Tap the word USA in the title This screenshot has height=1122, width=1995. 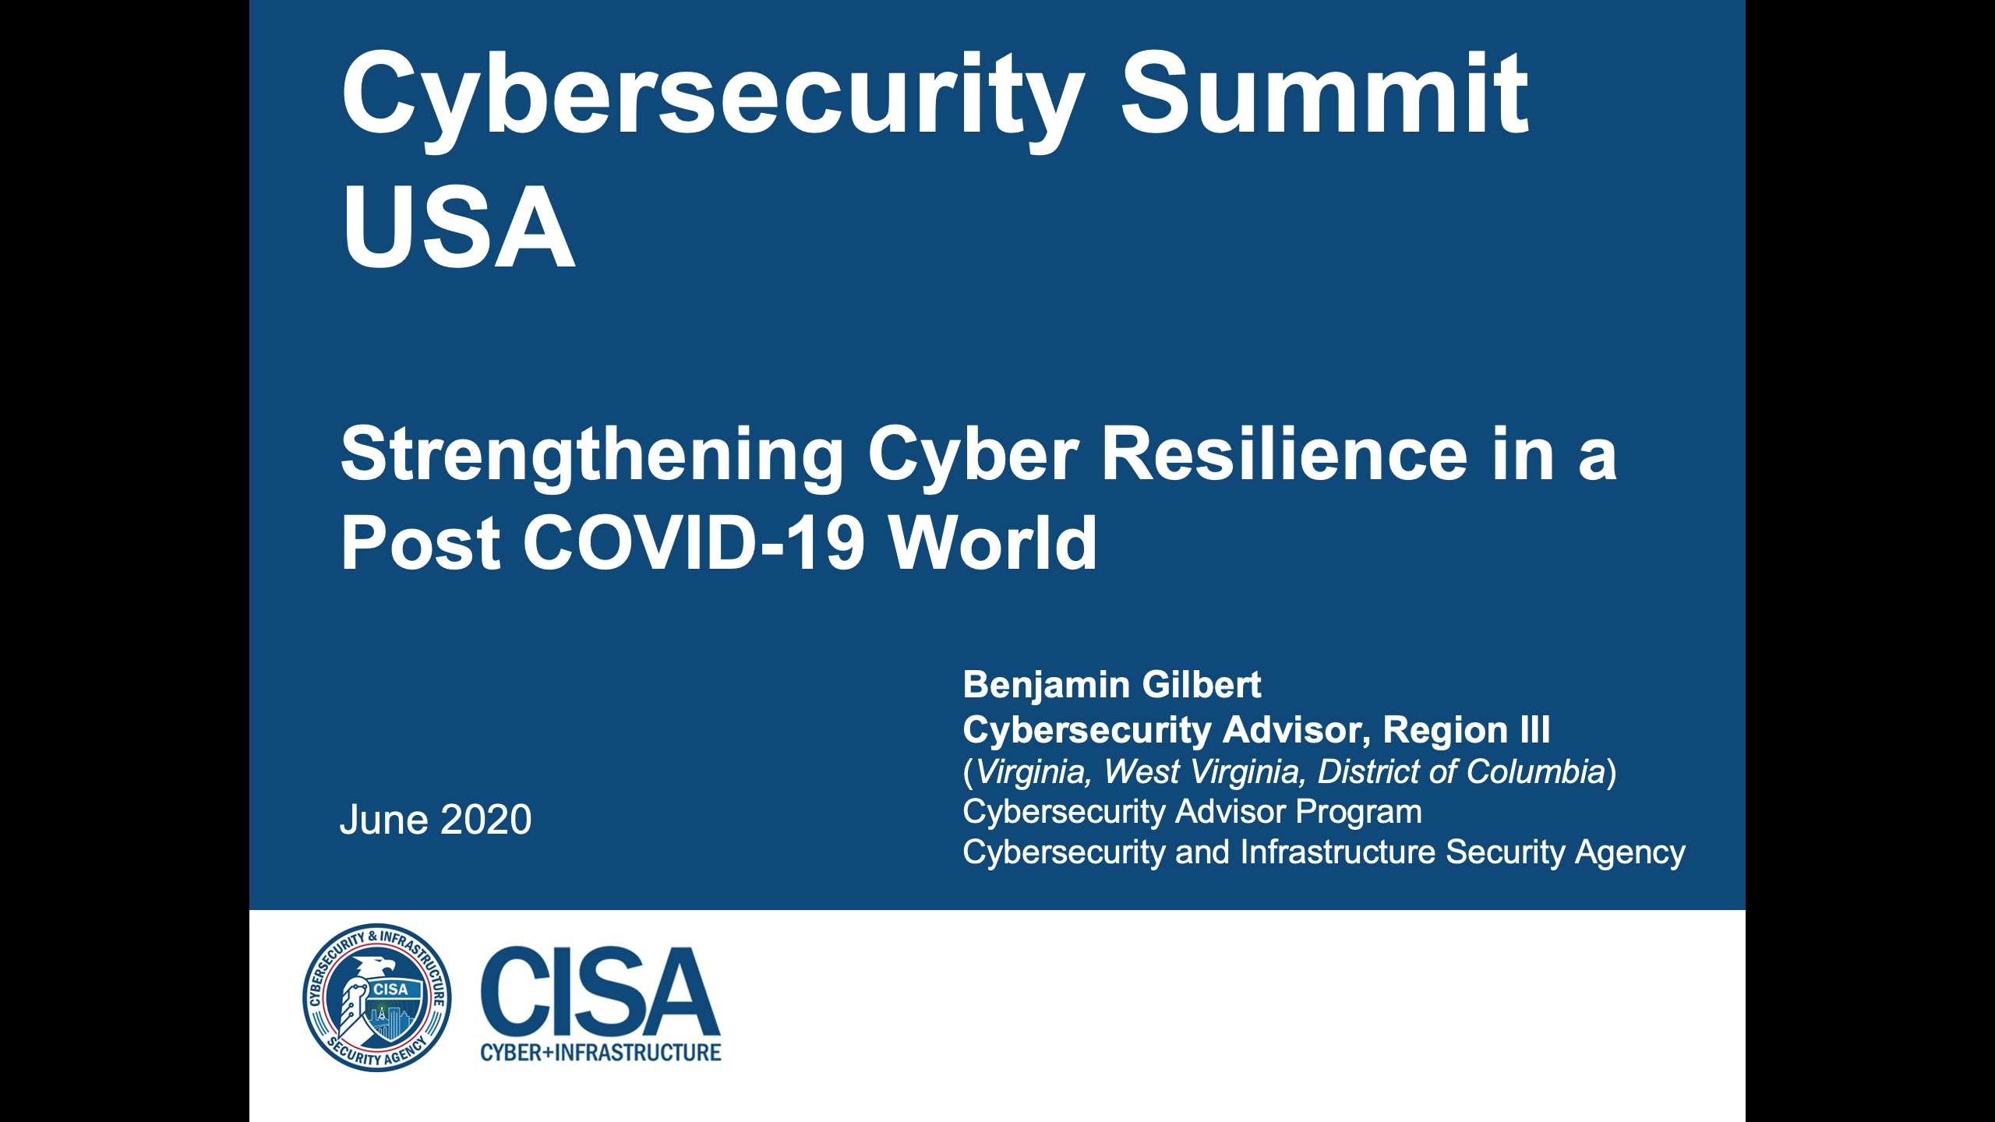click(x=458, y=228)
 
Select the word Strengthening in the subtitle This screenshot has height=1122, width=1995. click(x=592, y=455)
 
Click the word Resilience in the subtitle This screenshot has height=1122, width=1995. click(x=1284, y=455)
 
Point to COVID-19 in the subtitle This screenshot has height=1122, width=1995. click(x=694, y=543)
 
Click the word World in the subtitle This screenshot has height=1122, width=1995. click(x=993, y=543)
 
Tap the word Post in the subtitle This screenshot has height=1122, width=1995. click(x=421, y=543)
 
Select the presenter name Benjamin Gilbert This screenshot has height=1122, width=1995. click(x=1111, y=685)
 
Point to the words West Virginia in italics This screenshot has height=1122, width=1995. click(x=1201, y=772)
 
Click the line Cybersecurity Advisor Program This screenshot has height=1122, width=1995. click(x=1192, y=812)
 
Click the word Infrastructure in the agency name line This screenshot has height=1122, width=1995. click(x=1337, y=852)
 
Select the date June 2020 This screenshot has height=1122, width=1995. click(x=436, y=820)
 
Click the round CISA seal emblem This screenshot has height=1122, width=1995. click(x=377, y=997)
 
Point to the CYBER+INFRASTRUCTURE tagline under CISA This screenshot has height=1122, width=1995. click(x=600, y=1053)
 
